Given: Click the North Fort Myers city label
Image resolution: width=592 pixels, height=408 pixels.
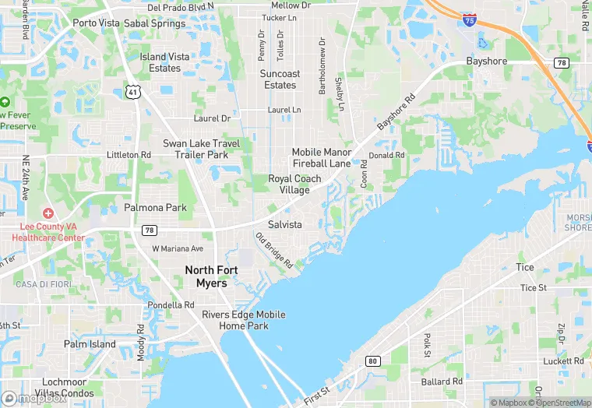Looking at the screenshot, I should pos(206,276).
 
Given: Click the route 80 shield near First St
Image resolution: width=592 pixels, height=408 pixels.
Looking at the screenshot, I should pos(372,361).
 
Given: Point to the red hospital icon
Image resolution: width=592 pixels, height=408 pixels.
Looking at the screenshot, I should pos(48,213).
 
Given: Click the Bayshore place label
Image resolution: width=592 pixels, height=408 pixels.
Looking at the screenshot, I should pos(486,62).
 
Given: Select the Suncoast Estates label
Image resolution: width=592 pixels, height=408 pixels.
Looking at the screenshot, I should pos(278,79).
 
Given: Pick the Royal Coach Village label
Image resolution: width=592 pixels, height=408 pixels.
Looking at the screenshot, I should pos(294,185).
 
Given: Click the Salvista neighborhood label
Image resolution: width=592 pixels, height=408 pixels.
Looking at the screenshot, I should pos(284,224).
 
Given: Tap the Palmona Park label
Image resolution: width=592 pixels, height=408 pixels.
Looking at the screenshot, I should pos(156,208).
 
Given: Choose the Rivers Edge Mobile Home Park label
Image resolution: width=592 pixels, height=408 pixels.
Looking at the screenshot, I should pos(243,320).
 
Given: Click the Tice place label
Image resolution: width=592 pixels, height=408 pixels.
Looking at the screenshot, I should pos(525,267).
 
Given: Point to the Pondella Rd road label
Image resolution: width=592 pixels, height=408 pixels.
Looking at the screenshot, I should pos(171,305).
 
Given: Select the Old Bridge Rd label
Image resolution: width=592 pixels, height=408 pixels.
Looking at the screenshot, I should pos(274,251).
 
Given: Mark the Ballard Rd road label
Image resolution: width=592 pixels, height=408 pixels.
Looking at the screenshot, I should pos(442,382).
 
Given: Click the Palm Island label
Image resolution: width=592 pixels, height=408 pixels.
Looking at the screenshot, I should pos(90,344).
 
